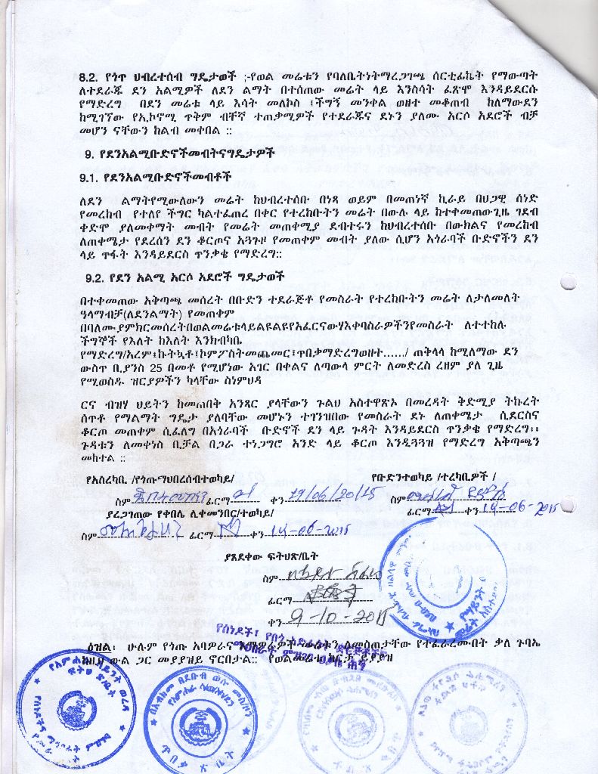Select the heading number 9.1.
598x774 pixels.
point(93,178)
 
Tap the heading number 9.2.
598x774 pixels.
point(93,277)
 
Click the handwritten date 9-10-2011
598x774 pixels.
point(333,621)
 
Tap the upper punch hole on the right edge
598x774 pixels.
point(569,281)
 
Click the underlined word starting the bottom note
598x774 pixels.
point(100,648)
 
